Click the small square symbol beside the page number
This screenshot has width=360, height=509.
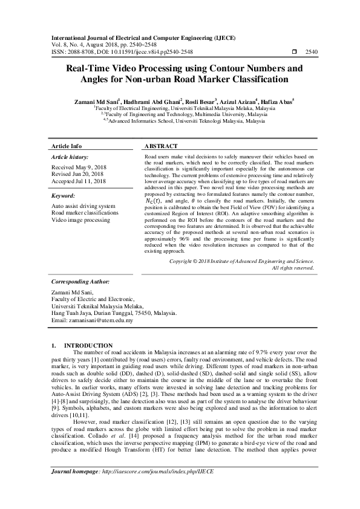294,53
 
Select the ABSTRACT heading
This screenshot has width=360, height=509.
161,146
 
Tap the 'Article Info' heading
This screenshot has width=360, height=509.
67,146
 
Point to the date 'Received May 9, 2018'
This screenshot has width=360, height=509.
78,166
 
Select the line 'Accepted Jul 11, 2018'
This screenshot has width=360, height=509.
79,181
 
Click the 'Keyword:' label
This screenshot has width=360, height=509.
63,196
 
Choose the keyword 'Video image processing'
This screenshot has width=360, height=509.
80,220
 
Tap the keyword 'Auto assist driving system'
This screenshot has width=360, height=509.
83,207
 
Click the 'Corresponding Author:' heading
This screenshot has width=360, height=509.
80,282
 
